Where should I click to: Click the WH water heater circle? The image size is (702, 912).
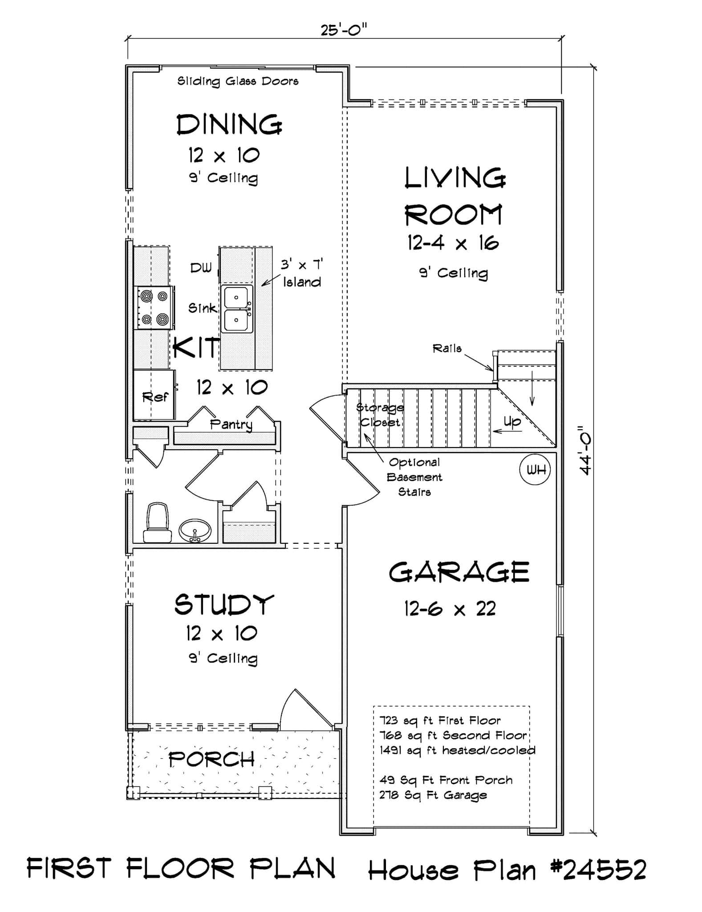pos(535,469)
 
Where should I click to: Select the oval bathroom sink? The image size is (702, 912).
pos(195,530)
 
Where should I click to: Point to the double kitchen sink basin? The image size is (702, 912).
pos(237,309)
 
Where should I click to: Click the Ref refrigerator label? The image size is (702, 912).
pos(155,396)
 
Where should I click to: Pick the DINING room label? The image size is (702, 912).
pos(229,125)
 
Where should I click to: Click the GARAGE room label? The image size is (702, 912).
pos(459,573)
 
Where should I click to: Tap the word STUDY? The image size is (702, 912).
pos(223,605)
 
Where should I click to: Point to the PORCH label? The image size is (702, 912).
pos(211,759)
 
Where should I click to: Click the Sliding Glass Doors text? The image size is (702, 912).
pos(238,81)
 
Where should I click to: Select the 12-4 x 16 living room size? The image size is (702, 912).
pos(453,243)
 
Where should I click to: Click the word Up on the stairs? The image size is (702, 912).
pos(512,421)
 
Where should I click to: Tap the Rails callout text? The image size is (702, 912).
pos(447,348)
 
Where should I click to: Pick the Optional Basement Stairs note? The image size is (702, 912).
pos(414,477)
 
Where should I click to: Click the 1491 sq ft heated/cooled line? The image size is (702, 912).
pos(457,750)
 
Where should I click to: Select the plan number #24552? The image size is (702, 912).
pos(598,870)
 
